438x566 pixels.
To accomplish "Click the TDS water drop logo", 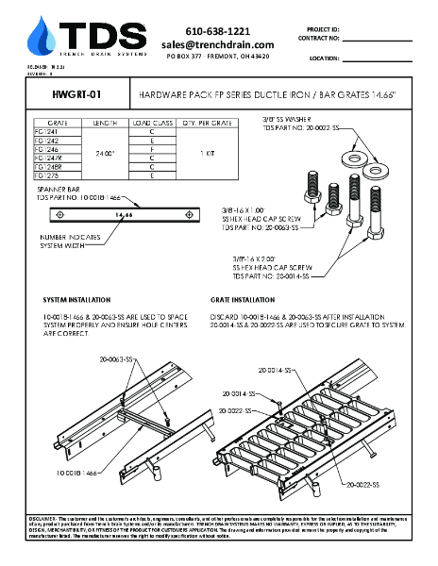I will (x=42, y=36).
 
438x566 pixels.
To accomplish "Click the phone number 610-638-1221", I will (x=217, y=31).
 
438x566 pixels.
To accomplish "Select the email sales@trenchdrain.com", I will (x=217, y=44).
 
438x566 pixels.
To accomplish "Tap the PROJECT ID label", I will (x=324, y=29).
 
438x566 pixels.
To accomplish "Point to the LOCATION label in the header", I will (x=324, y=58).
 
